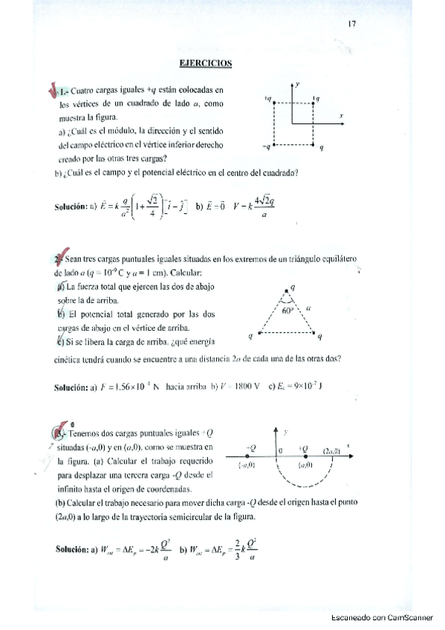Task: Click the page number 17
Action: (x=352, y=24)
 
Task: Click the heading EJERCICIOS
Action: (x=207, y=63)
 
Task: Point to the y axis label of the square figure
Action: (x=297, y=85)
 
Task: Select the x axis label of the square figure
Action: (x=341, y=116)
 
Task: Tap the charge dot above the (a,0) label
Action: (x=305, y=455)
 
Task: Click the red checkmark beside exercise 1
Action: (x=53, y=91)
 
